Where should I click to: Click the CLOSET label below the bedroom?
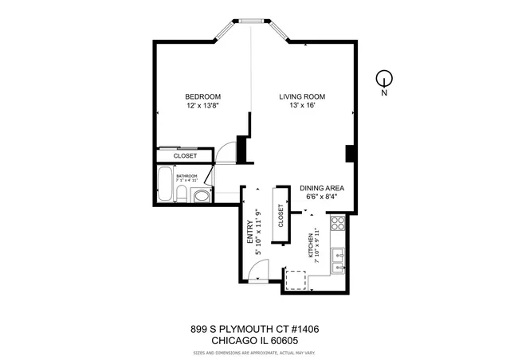pyautogui.click(x=185, y=156)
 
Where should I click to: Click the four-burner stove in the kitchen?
pyautogui.click(x=338, y=224)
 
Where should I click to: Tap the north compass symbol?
pyautogui.click(x=384, y=79)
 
